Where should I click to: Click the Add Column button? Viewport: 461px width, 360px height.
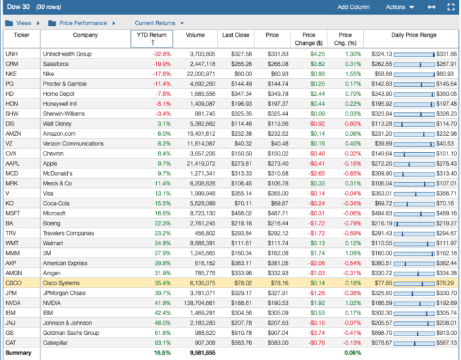point(353,7)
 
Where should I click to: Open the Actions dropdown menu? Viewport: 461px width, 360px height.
point(399,7)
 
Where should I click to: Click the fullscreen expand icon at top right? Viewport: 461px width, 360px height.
point(451,7)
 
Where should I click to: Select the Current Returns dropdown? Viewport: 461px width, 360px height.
point(159,23)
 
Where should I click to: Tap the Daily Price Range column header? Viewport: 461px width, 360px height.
point(413,35)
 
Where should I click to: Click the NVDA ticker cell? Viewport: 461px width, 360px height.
point(12,302)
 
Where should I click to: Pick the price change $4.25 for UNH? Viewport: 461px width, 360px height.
point(316,54)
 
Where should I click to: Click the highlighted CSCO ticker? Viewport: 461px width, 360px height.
point(13,283)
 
